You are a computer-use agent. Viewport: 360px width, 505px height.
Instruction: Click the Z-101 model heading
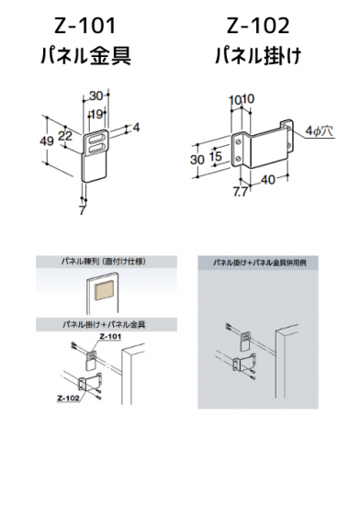(85, 26)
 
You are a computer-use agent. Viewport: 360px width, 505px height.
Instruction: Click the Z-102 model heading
(258, 26)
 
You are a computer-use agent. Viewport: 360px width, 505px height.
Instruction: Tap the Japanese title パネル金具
(86, 56)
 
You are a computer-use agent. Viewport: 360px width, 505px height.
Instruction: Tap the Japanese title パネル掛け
(258, 56)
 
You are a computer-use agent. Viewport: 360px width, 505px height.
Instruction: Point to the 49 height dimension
(47, 140)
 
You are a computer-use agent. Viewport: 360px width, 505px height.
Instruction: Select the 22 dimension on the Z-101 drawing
(65, 136)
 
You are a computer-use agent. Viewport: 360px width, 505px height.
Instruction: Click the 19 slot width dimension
(96, 114)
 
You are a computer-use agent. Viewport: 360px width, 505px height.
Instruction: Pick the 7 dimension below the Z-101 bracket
(83, 210)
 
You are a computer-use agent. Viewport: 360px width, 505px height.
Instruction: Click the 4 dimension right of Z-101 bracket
(136, 128)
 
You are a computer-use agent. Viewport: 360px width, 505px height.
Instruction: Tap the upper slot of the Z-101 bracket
(96, 140)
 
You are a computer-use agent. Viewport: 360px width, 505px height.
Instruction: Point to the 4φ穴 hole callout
(319, 131)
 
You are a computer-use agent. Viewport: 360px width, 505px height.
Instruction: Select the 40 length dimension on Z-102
(268, 180)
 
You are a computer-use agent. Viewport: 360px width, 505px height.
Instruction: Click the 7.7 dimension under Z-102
(241, 192)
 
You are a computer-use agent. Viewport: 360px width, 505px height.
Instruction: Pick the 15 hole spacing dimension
(216, 156)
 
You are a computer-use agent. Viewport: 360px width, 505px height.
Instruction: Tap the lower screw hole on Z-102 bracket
(238, 158)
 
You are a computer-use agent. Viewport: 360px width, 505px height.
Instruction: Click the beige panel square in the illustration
(104, 289)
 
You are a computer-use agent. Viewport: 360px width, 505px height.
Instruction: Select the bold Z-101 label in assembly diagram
(110, 337)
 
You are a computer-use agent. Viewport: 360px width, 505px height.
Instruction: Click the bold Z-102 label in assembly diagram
(68, 398)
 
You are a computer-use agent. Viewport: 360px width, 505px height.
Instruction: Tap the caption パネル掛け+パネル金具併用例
(260, 263)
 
